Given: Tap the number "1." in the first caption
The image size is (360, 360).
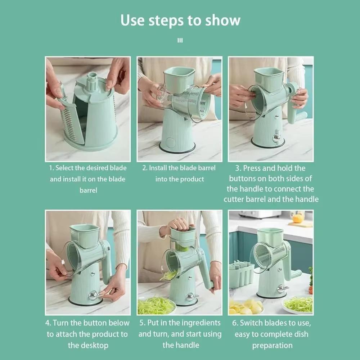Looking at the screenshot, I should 51,168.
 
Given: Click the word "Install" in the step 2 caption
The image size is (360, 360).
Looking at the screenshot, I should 158,168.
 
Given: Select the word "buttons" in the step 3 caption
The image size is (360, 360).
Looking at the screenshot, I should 246,178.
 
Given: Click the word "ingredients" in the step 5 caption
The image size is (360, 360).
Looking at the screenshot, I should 202,323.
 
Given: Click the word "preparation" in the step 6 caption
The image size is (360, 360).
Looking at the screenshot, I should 272,346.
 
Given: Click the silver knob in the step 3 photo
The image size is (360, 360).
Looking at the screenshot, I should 276,138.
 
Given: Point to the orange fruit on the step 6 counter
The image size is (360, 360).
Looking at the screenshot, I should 297,218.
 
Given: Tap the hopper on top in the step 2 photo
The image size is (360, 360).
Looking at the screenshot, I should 179,78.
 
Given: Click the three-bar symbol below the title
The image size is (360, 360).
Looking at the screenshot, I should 180,41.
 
